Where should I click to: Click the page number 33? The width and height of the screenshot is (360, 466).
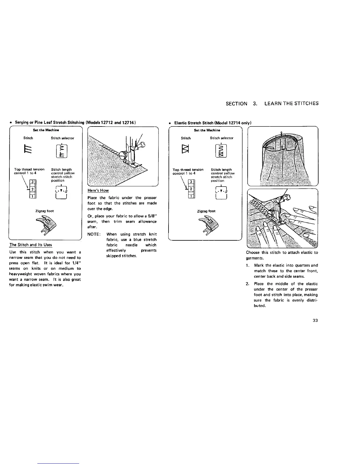click(315, 320)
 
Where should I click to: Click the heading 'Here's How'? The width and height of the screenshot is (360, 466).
click(98, 190)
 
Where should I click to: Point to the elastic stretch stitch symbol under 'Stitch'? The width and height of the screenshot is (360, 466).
click(186, 149)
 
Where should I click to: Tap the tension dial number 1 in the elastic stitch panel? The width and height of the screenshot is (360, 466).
click(191, 196)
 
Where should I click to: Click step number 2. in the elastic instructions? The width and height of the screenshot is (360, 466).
click(248, 284)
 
